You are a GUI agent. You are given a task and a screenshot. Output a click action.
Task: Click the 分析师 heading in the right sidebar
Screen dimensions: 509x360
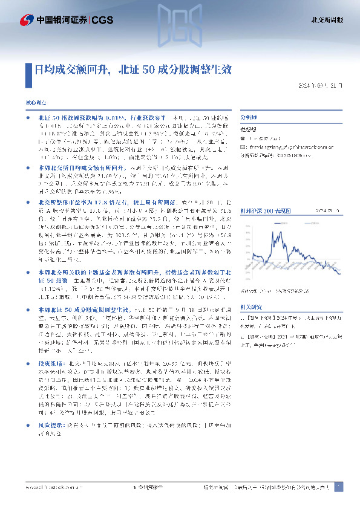click(249, 117)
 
